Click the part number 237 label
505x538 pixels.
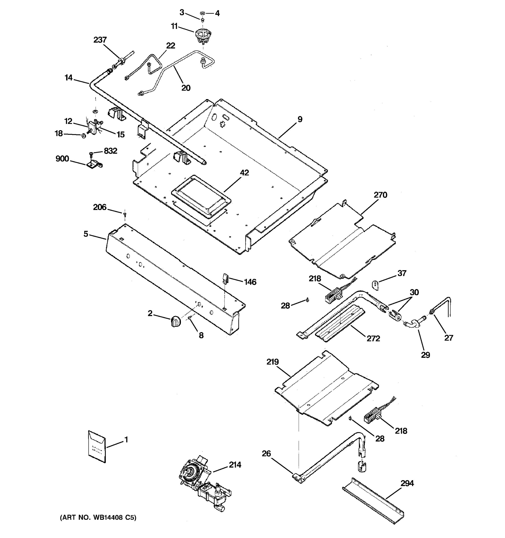100,40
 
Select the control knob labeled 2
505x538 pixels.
176,321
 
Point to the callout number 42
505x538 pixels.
244,173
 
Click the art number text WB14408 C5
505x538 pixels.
98,517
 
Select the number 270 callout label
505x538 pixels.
380,195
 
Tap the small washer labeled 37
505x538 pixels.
375,285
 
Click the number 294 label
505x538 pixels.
407,483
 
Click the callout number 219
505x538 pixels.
272,362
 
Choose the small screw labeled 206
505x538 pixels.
125,215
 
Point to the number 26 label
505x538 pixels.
266,453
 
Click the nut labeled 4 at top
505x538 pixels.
202,13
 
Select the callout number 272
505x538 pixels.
373,338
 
